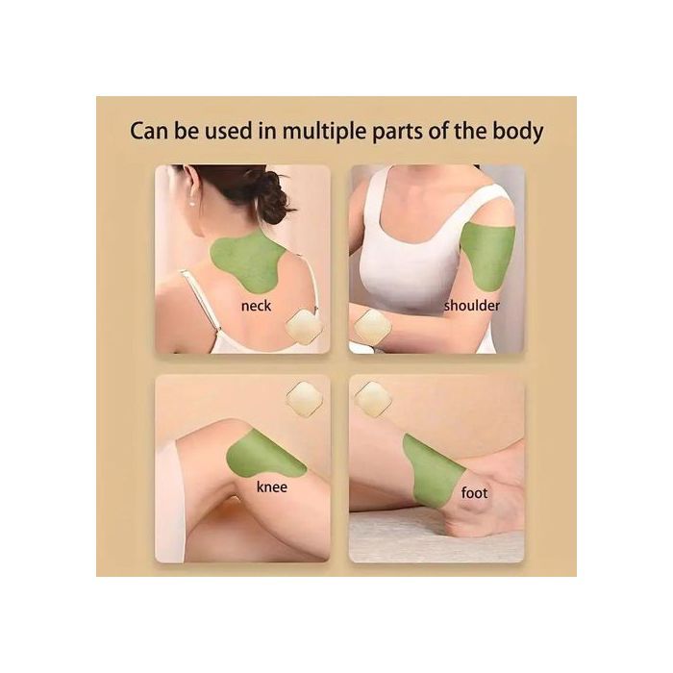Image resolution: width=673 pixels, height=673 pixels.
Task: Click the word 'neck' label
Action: point(256,306)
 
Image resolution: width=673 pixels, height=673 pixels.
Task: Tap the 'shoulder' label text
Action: point(472,306)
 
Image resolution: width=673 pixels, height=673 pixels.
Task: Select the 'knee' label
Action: point(272,486)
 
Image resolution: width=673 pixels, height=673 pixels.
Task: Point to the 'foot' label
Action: point(474,492)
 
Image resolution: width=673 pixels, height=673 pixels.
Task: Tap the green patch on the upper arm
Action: point(488,257)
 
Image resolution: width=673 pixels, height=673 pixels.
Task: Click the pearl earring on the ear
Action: point(191,202)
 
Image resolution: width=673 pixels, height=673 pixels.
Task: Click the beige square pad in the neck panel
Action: point(304,327)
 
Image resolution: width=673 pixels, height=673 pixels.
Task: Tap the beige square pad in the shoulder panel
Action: point(373,326)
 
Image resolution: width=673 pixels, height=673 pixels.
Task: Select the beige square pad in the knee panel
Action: point(304,400)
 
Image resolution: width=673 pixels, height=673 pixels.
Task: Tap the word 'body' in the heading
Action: point(518,132)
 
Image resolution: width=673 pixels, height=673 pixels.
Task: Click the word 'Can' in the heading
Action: point(149,131)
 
